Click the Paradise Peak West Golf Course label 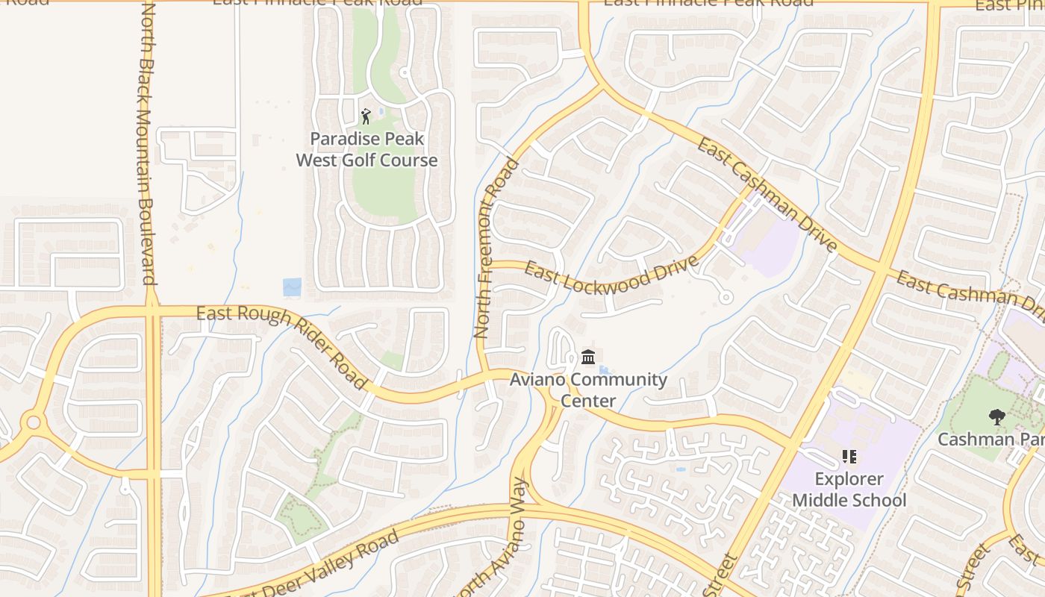click(366, 149)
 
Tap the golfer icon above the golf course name click(366, 116)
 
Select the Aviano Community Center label click(588, 390)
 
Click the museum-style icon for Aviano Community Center click(588, 358)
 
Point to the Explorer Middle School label click(849, 490)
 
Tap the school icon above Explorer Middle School click(849, 456)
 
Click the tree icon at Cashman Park click(996, 417)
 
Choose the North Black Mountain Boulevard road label click(146, 146)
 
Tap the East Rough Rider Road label click(282, 346)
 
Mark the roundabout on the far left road click(33, 423)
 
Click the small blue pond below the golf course click(292, 287)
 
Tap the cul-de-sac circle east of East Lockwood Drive click(725, 298)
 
